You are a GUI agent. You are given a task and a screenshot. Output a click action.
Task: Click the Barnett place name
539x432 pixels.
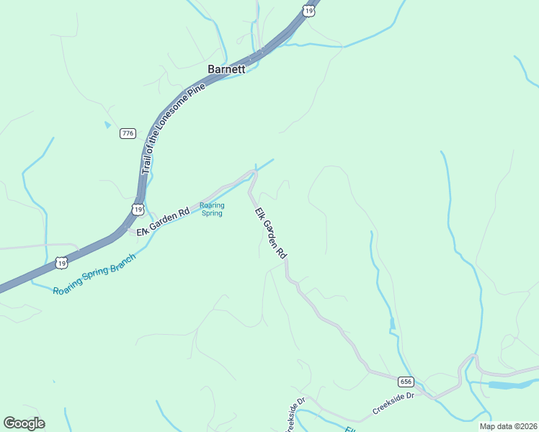coord(226,69)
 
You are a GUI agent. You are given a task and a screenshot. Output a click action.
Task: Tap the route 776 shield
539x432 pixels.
coord(128,133)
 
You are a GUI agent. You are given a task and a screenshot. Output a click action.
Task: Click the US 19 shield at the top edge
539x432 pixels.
coord(309,10)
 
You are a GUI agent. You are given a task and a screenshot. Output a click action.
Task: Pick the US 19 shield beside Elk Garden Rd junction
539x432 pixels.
coord(138,209)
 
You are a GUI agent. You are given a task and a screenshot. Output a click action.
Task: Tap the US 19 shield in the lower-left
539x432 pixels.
coord(63,264)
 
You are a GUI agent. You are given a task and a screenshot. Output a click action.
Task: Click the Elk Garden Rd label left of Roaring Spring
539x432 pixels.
coord(163,222)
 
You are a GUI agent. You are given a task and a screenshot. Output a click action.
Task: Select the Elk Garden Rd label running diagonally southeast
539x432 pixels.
coord(272,233)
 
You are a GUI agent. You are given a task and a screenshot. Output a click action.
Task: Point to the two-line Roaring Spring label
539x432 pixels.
coord(212,209)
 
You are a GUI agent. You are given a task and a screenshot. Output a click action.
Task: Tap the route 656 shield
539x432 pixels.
coord(406,381)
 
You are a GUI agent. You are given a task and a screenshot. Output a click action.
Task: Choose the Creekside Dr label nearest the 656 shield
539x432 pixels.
coord(393,403)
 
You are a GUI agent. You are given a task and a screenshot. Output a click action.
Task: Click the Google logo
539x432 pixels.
coord(24,423)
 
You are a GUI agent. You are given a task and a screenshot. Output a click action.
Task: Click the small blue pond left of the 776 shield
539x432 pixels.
coord(107,125)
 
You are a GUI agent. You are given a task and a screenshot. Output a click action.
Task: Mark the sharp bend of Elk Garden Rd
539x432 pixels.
coord(253,172)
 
